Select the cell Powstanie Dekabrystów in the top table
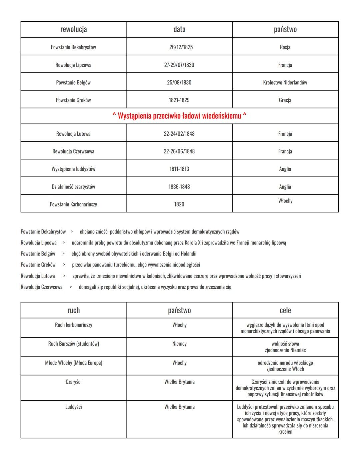[73, 47]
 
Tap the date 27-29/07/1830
[179, 65]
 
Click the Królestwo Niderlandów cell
[285, 82]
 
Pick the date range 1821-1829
[179, 100]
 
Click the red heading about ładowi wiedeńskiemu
[179, 116]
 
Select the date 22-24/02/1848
[179, 134]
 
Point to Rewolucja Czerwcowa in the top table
[73, 151]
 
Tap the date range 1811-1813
[179, 169]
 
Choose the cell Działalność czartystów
[73, 187]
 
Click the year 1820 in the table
[179, 204]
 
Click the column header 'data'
[179, 29]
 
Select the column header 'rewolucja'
[73, 29]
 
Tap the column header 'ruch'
[73, 310]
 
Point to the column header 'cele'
[285, 310]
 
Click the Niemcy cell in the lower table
[179, 344]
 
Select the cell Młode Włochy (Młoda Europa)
[73, 363]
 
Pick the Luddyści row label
[73, 407]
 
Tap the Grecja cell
[285, 100]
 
